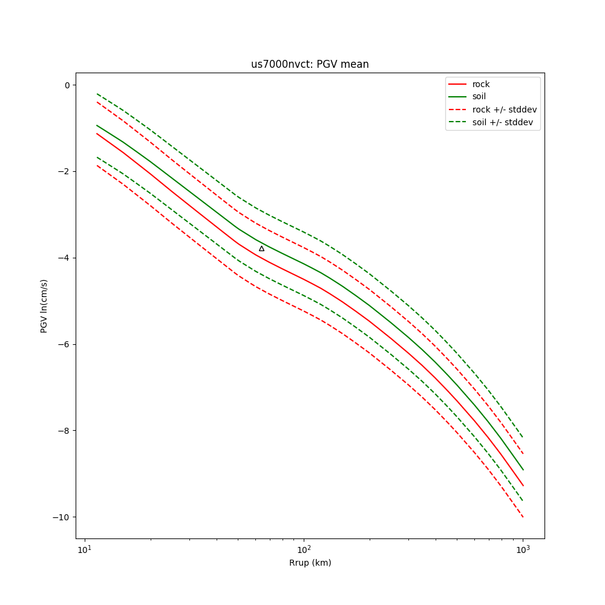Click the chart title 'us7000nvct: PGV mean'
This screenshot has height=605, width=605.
310,64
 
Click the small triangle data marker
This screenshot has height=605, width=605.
261,249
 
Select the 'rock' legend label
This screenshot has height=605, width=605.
481,84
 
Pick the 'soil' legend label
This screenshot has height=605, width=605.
479,97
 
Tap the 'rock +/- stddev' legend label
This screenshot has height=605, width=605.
505,110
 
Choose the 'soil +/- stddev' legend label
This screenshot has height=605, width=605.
505,122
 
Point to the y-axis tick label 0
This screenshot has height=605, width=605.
68,85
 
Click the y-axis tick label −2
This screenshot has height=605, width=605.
64,172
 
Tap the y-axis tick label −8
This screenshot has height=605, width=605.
64,431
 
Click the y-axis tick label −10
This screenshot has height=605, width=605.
62,517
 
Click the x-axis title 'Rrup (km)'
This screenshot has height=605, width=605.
310,563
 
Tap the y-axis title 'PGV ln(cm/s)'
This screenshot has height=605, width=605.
44,306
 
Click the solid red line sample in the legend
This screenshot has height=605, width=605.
457,84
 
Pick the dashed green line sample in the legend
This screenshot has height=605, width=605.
457,122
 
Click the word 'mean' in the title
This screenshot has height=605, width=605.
356,64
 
